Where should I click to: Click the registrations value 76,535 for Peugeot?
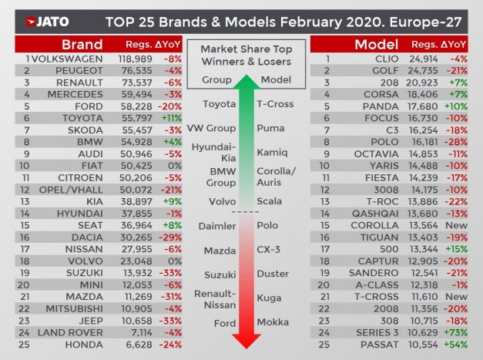136,69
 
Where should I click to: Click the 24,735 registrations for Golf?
425,69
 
